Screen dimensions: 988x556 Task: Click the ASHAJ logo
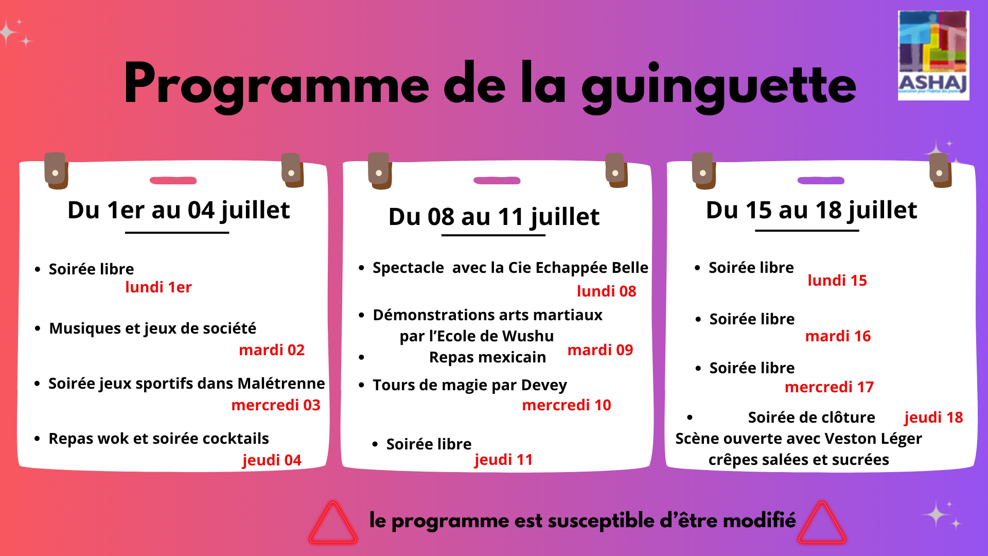click(x=933, y=55)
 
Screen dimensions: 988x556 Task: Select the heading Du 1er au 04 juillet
click(x=179, y=211)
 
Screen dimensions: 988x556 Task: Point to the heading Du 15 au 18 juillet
click(x=811, y=211)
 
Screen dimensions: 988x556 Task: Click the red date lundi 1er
click(x=158, y=287)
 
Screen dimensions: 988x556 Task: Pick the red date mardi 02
click(x=272, y=350)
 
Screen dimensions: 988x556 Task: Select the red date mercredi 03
click(x=276, y=405)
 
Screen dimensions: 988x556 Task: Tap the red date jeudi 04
click(x=272, y=460)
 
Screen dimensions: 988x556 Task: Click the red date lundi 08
click(x=607, y=291)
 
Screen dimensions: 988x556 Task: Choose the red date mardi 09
click(x=600, y=350)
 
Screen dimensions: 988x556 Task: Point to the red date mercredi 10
click(x=567, y=405)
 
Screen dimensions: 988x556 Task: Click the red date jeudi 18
click(x=933, y=418)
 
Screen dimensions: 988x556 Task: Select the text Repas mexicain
click(x=487, y=357)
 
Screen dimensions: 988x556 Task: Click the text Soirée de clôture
click(x=811, y=418)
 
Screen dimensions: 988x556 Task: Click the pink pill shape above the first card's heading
click(x=173, y=181)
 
